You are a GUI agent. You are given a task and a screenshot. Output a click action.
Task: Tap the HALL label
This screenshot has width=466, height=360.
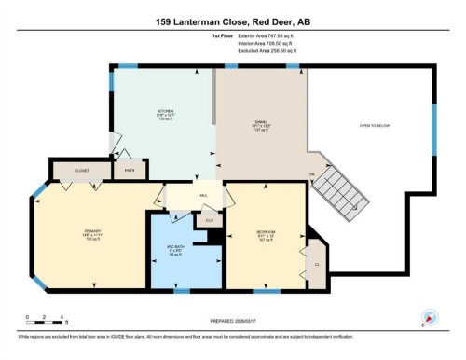pyautogui.click(x=202, y=195)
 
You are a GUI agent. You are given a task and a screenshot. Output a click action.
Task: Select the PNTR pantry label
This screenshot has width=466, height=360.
pyautogui.click(x=128, y=171)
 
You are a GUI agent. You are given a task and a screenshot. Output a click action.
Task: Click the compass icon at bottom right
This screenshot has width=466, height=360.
pyautogui.click(x=430, y=317)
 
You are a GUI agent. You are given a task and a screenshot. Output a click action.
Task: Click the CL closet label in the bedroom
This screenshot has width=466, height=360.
pyautogui.click(x=317, y=264)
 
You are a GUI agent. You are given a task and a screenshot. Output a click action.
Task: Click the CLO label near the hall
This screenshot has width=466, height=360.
pyautogui.click(x=210, y=220)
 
